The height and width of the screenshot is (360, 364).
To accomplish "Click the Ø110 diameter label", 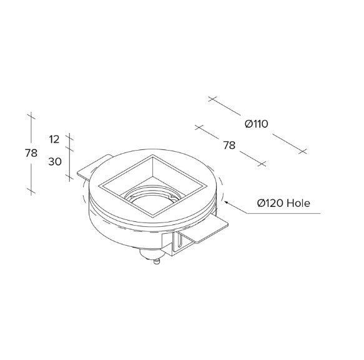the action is click(x=256, y=124).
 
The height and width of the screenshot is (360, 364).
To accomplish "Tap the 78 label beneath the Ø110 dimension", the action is click(x=229, y=145).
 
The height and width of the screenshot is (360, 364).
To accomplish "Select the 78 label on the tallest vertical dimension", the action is click(x=31, y=153).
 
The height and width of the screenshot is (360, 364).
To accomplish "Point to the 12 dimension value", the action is click(x=54, y=139).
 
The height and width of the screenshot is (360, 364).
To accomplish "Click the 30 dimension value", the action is click(x=55, y=161).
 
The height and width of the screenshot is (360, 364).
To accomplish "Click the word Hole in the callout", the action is click(x=298, y=203).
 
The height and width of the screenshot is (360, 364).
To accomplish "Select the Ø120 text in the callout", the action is click(x=270, y=203).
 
